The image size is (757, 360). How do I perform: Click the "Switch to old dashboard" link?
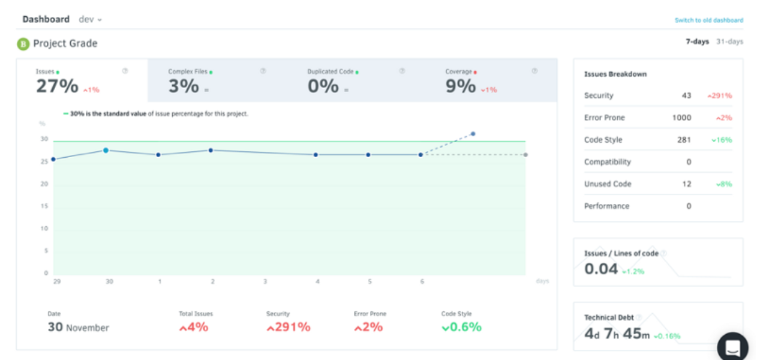pyautogui.click(x=708, y=20)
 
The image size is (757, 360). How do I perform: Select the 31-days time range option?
pyautogui.click(x=729, y=42)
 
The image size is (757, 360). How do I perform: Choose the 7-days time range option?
pyautogui.click(x=697, y=42)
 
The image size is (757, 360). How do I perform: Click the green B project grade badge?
pyautogui.click(x=23, y=44)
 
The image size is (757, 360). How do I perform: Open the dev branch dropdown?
pyautogui.click(x=91, y=19)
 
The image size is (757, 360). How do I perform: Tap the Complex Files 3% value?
pyautogui.click(x=184, y=86)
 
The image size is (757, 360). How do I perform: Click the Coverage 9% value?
pyautogui.click(x=461, y=86)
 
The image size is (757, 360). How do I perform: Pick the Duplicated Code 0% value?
pyautogui.click(x=323, y=86)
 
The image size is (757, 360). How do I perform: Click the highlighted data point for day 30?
pyautogui.click(x=106, y=151)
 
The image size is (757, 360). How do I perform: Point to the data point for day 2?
pyautogui.click(x=211, y=151)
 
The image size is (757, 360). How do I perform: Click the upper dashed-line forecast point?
pyautogui.click(x=473, y=134)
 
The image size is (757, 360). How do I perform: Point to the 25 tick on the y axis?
pyautogui.click(x=44, y=162)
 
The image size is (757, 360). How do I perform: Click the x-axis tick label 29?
pyautogui.click(x=56, y=281)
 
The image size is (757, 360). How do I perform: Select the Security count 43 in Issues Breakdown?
pyautogui.click(x=686, y=96)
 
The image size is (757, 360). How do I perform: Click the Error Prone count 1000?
pyautogui.click(x=681, y=118)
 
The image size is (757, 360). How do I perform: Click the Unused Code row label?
pyautogui.click(x=608, y=184)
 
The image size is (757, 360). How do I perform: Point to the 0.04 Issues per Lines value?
pyautogui.click(x=601, y=269)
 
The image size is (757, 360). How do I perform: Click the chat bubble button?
pyautogui.click(x=732, y=347)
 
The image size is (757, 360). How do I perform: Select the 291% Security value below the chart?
pyautogui.click(x=289, y=328)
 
